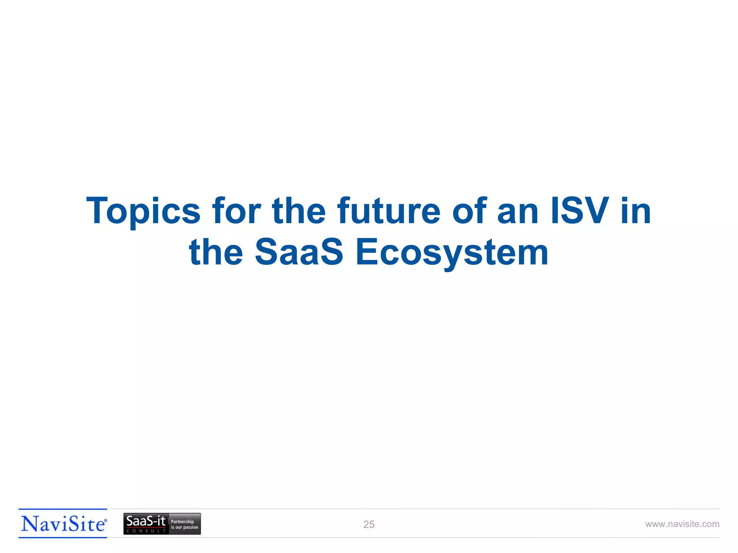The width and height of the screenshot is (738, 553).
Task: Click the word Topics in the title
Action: pos(143,211)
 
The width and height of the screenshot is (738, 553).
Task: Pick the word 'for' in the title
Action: pos(236,211)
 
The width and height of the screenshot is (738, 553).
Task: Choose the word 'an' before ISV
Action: pos(518,211)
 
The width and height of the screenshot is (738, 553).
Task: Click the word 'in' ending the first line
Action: pos(636,211)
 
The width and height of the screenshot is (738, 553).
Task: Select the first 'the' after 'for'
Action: pos(299,211)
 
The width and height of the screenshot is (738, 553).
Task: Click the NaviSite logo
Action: pos(63,524)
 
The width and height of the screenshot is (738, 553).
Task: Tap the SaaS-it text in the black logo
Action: pos(146,521)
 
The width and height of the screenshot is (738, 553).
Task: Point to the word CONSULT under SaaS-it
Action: pos(146,531)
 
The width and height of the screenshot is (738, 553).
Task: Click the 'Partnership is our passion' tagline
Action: pos(184,524)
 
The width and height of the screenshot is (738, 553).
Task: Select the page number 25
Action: pos(369,525)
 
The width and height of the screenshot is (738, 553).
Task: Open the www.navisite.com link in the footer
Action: pos(682,524)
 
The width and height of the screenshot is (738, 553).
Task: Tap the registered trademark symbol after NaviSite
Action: pos(106,521)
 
